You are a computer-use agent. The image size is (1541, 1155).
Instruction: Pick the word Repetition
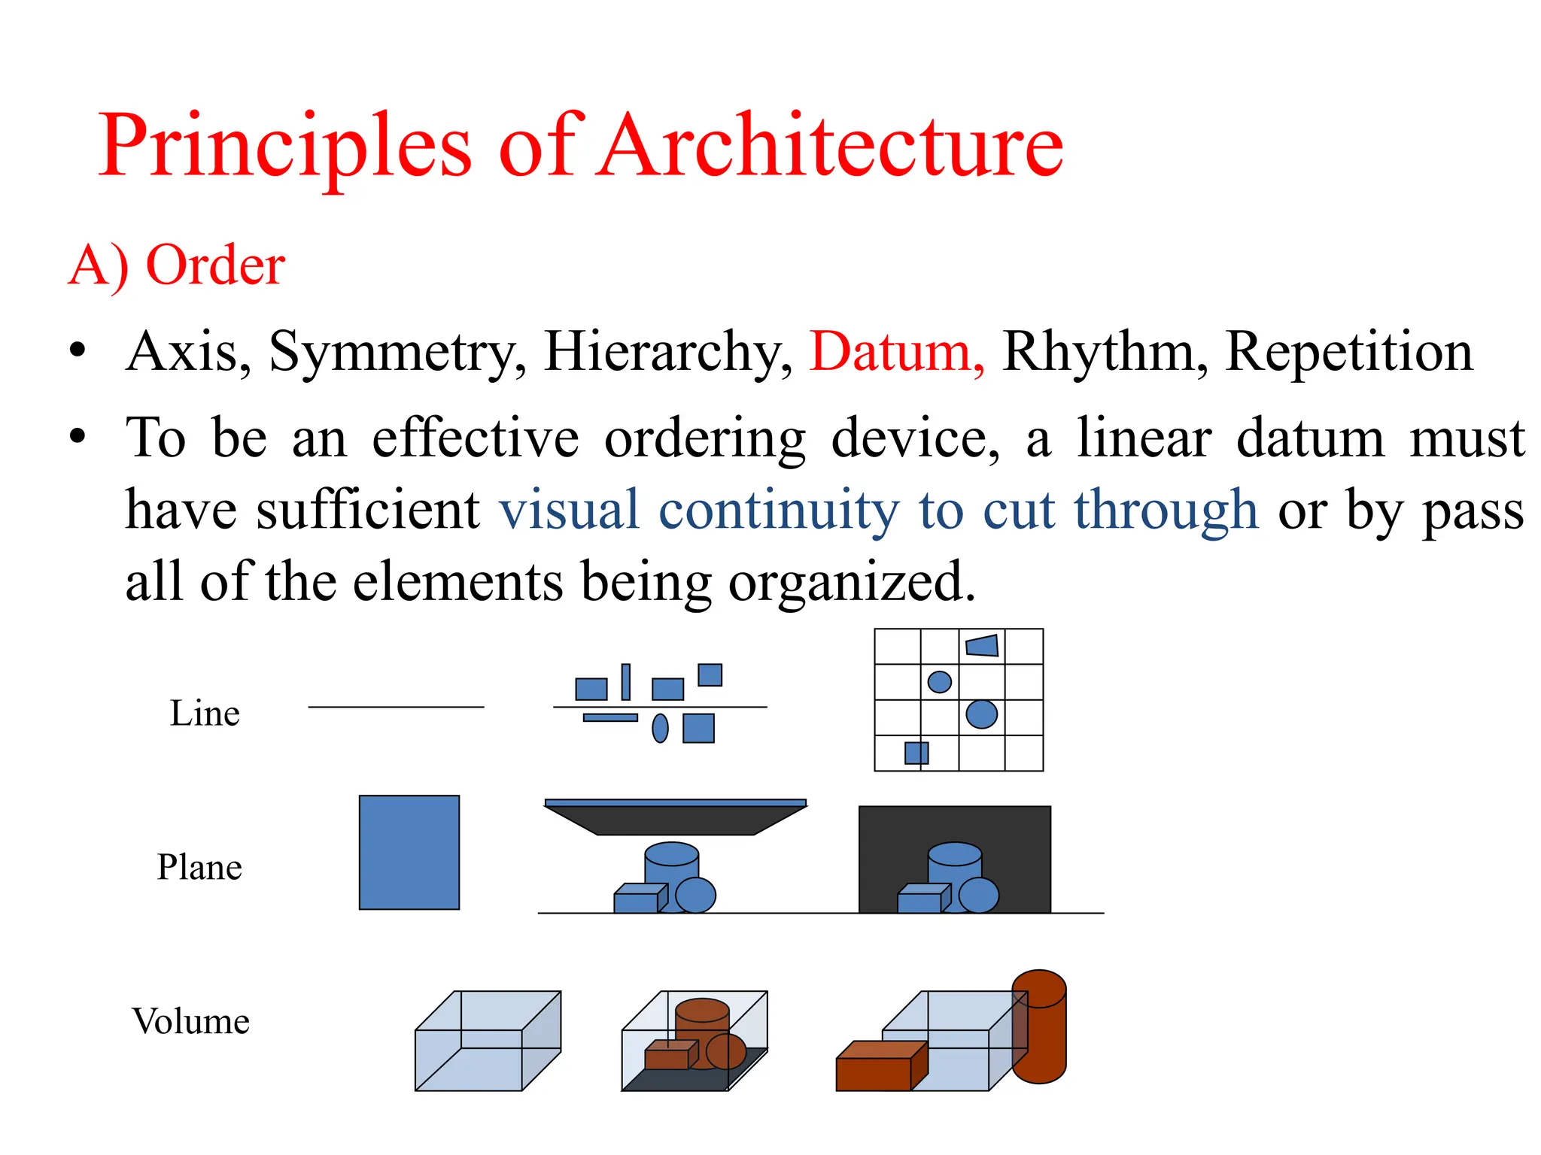click(1348, 351)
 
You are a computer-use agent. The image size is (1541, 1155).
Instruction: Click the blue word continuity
click(779, 510)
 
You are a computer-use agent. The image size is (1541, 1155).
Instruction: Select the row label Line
click(205, 713)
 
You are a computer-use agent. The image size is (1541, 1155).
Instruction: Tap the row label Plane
click(199, 867)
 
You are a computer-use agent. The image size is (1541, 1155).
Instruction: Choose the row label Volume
click(190, 1021)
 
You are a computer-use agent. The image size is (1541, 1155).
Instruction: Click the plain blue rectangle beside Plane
click(409, 852)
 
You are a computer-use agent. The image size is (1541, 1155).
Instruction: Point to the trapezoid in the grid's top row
click(982, 645)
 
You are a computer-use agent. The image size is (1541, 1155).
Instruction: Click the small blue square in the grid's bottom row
click(916, 753)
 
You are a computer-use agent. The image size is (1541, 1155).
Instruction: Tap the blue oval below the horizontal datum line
click(660, 728)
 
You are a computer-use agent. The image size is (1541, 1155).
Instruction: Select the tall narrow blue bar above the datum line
click(625, 682)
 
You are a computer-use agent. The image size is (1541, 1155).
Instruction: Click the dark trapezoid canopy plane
click(675, 820)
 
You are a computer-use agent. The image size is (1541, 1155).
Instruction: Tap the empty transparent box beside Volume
click(488, 1041)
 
